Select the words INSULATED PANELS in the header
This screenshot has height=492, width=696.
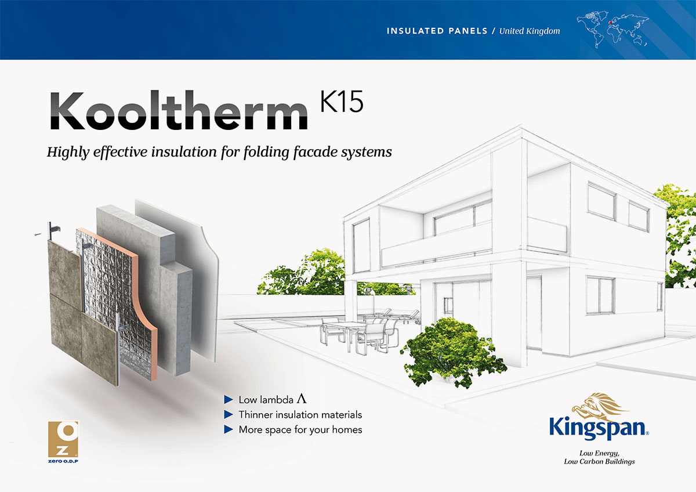(x=437, y=31)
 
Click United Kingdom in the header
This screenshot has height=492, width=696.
(x=530, y=31)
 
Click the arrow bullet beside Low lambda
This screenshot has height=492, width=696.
(x=228, y=400)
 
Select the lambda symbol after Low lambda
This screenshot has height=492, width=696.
(x=301, y=399)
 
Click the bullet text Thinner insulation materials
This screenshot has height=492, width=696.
(x=300, y=415)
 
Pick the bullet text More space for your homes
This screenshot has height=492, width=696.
(x=300, y=430)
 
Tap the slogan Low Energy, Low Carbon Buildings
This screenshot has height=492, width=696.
(x=599, y=457)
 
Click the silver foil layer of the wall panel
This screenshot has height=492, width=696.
(x=107, y=273)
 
